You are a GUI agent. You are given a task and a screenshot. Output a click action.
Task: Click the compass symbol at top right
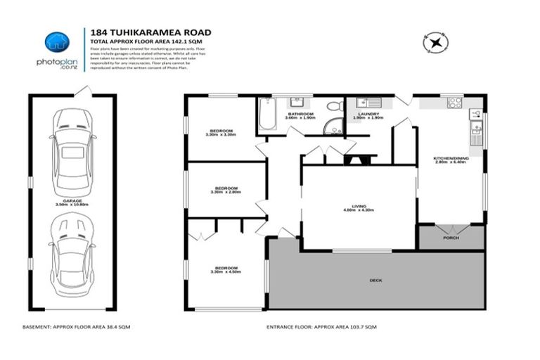tap(436, 43)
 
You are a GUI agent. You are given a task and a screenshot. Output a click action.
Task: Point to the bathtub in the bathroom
tap(268, 115)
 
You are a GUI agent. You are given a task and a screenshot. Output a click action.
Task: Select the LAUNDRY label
tap(368, 115)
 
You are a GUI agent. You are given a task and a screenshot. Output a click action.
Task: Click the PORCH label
tap(451, 238)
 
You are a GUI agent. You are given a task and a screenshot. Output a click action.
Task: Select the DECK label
tap(375, 280)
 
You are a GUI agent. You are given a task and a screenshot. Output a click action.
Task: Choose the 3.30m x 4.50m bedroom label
tap(225, 269)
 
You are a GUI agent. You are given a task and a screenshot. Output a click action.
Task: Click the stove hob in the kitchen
tap(454, 103)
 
